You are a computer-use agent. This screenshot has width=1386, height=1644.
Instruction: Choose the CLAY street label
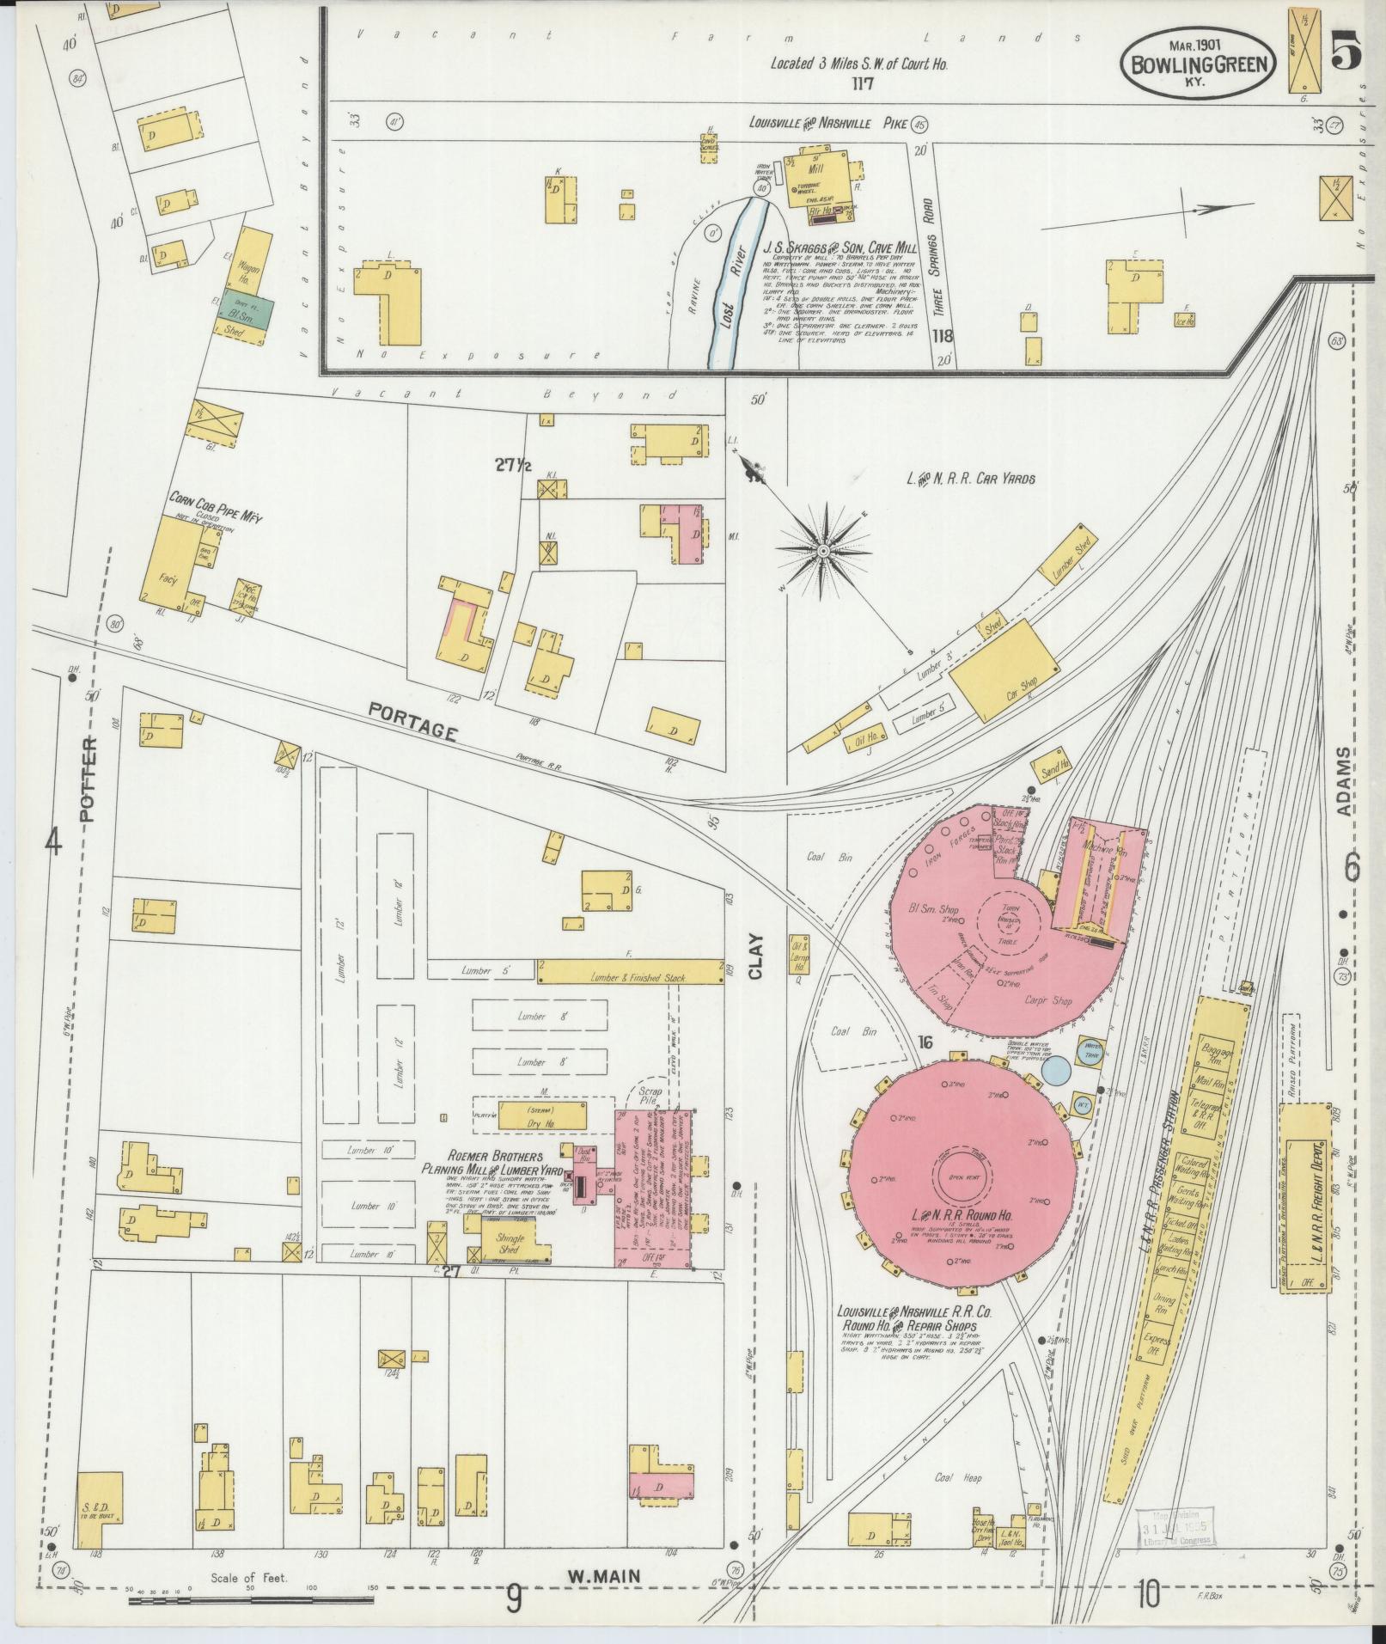coord(756,956)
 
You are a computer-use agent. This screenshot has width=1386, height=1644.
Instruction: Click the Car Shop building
coord(1004,673)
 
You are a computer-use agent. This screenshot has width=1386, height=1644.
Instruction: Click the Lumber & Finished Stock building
coord(631,972)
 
